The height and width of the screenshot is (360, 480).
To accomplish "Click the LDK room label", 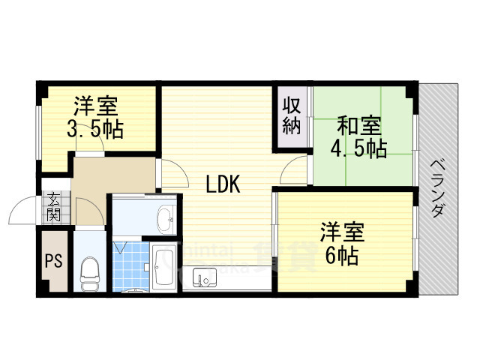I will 223,183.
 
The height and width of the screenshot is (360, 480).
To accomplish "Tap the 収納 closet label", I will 292,115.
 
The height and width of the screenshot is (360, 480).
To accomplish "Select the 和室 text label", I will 358,124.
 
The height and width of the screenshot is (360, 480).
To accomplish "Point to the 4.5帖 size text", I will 359,148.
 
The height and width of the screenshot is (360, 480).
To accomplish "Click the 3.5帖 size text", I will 95,129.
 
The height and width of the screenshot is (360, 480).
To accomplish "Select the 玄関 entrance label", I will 54,206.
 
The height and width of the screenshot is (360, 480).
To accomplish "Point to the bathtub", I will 163,267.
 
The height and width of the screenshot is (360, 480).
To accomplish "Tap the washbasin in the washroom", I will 164,220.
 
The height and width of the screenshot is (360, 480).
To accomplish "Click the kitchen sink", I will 202,278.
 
